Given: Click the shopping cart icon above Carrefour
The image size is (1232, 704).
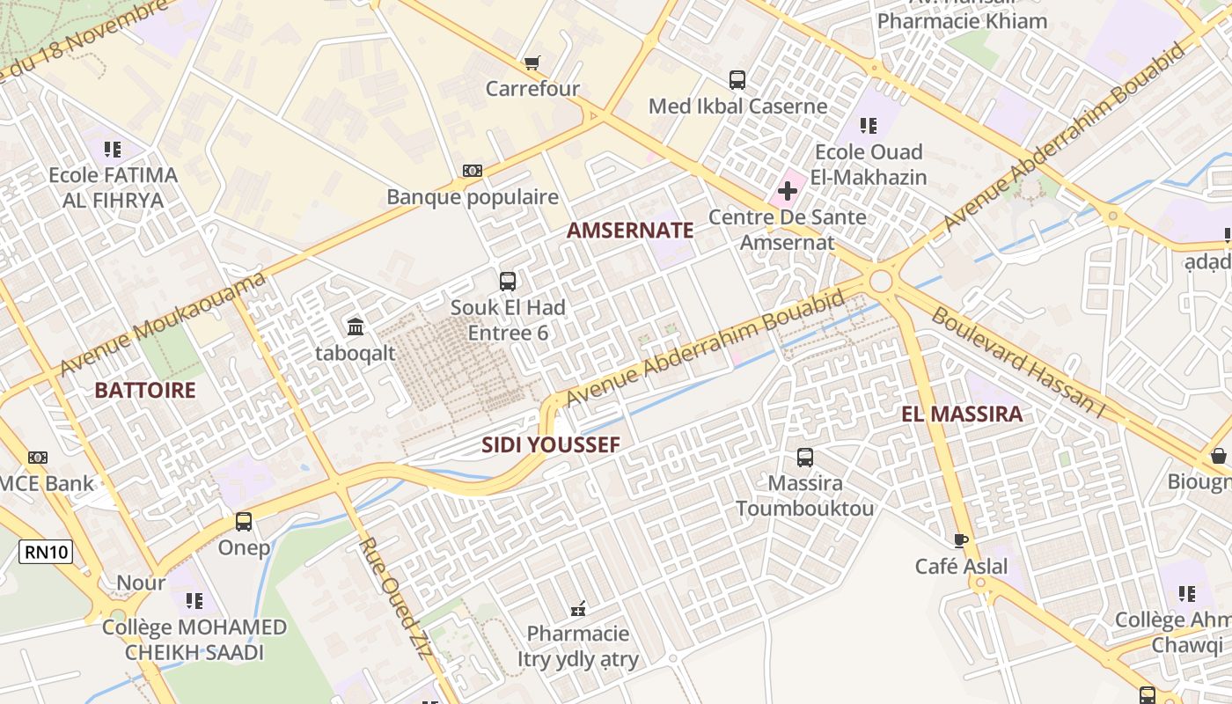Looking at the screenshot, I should click(x=532, y=62).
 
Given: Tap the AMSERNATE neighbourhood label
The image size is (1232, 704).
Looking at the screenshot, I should click(x=630, y=231).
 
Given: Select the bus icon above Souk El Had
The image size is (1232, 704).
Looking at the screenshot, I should click(x=508, y=282).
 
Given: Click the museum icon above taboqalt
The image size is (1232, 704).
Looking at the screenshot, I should click(x=356, y=326).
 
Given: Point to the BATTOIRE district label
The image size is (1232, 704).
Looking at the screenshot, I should click(x=144, y=391).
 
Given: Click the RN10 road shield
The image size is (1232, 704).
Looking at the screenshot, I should click(x=46, y=552).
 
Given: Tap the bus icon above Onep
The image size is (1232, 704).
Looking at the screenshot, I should click(x=244, y=521).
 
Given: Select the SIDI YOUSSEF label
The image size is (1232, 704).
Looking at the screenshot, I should click(x=551, y=445).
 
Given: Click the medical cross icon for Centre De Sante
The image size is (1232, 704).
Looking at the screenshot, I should click(x=788, y=190).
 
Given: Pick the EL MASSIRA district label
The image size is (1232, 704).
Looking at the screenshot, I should click(x=962, y=414).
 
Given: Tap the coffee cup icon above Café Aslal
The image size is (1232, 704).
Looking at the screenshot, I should click(x=960, y=539).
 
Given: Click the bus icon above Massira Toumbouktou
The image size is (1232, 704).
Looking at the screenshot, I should click(x=805, y=458).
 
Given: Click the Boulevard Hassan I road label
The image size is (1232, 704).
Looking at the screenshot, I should click(x=1016, y=363).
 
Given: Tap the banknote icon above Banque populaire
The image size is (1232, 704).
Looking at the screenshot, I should click(x=473, y=171).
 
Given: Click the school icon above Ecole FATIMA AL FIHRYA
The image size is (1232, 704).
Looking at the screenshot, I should click(x=112, y=149).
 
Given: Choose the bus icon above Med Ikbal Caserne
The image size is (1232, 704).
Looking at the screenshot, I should click(x=737, y=80).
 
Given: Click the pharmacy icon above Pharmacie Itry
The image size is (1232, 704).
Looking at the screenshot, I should click(x=578, y=607).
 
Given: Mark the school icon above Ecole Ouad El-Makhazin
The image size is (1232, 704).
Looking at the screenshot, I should click(x=869, y=126).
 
